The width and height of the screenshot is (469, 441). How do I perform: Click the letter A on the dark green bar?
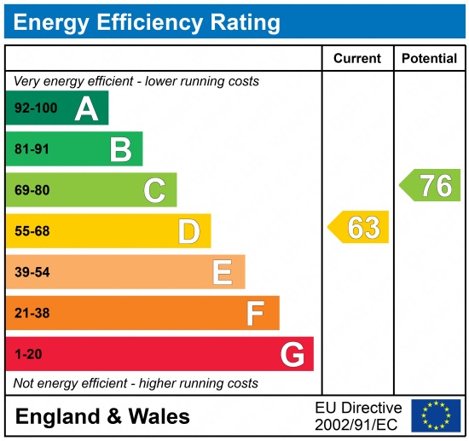coord(86,108)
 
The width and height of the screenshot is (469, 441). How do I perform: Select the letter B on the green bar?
coord(121,149)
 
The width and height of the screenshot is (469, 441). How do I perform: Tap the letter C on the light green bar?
coord(154,190)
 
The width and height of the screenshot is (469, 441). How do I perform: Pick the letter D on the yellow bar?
coord(188,231)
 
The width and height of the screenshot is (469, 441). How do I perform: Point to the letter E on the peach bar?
coord(223,272)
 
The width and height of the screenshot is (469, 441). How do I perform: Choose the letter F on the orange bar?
coord(256,313)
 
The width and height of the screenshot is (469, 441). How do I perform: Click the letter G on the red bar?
coord(292,354)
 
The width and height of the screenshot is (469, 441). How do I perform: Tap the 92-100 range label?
coord(36,108)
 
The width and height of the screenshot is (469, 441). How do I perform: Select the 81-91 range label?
coord(32,149)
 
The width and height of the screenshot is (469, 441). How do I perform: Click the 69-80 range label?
coord(32,190)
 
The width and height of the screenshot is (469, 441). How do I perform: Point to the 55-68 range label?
coord(32,231)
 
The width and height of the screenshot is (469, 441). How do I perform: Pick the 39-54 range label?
coord(32,272)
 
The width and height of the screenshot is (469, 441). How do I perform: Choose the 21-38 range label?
coord(32,313)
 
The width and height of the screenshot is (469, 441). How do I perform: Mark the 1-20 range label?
coord(27,354)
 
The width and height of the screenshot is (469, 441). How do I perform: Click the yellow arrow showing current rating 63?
coord(359,227)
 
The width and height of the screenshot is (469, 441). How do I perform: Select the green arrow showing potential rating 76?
coord(431,185)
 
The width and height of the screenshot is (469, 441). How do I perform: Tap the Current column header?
coord(357,59)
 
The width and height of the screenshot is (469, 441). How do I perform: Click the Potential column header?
coord(429,59)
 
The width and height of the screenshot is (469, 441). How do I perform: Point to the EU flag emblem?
coord(435,415)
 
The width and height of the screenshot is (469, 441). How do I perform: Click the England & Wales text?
coord(102,416)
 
